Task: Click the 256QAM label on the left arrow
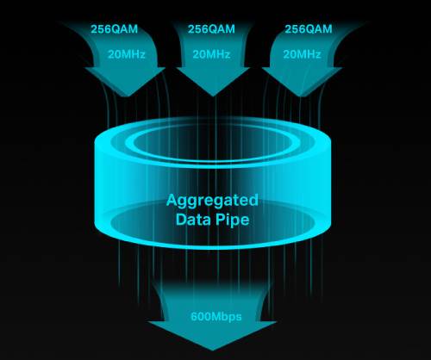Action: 115,29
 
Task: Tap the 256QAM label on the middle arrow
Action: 211,29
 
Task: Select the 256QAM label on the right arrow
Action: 309,29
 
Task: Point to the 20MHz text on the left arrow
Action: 127,54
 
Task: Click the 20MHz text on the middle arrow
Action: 211,54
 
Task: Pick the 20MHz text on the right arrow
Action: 302,54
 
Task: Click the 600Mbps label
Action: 216,317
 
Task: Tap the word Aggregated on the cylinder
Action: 212,201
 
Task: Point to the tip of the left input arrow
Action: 127,96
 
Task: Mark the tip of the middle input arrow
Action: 213,96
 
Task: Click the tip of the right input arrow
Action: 301,96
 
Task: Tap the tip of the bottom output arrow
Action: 213,351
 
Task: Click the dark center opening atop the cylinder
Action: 212,143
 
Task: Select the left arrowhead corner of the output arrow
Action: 148,322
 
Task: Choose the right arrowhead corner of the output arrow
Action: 277,322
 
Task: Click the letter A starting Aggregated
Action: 172,200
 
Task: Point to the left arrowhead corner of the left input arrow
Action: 85,68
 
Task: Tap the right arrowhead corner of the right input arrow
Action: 342,68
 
